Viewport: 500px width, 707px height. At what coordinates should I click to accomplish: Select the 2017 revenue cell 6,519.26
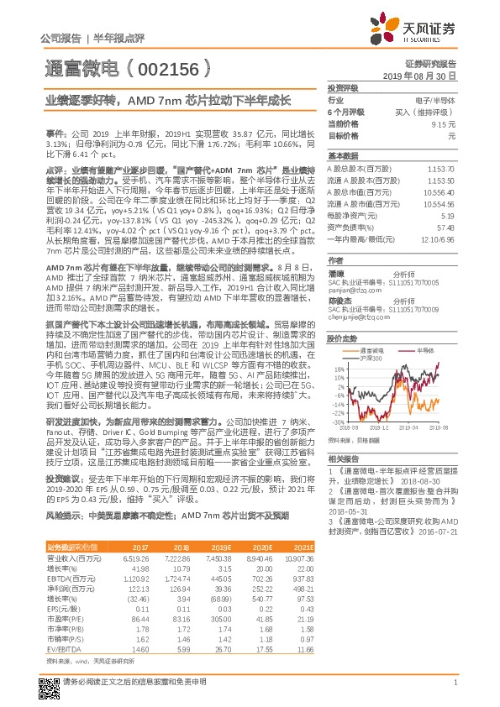(136, 558)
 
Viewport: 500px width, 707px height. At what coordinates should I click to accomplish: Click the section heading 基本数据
(343, 156)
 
